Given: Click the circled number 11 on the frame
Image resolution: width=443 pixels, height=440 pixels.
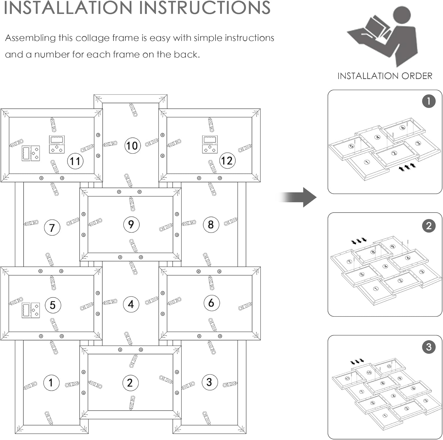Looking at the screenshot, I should (75, 161).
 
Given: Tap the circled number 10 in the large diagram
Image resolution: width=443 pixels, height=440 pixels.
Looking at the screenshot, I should (132, 146).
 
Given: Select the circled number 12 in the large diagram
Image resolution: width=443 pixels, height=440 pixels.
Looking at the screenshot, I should (227, 161).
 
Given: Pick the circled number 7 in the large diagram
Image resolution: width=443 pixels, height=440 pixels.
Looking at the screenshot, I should (52, 228).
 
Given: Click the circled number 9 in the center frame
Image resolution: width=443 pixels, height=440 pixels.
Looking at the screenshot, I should (131, 224).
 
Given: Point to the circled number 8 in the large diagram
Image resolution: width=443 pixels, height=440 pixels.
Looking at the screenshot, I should (211, 225).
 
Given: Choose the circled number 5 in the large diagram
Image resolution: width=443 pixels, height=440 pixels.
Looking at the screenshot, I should (53, 305).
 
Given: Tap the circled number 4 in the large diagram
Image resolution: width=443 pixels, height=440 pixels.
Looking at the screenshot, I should (131, 304).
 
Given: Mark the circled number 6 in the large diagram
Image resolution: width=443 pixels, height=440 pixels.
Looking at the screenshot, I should (211, 303).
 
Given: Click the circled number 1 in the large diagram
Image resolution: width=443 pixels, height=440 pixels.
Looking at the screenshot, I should (51, 383).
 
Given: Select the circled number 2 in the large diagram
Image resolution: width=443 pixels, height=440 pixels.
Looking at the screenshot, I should (130, 383).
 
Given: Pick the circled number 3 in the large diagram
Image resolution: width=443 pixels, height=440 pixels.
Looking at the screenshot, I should (210, 382).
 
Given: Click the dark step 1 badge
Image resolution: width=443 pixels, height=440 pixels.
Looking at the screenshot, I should (429, 101).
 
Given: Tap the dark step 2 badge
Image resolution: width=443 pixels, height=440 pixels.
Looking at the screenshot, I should (429, 226).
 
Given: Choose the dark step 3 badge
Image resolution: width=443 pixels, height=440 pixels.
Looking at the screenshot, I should (429, 347).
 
